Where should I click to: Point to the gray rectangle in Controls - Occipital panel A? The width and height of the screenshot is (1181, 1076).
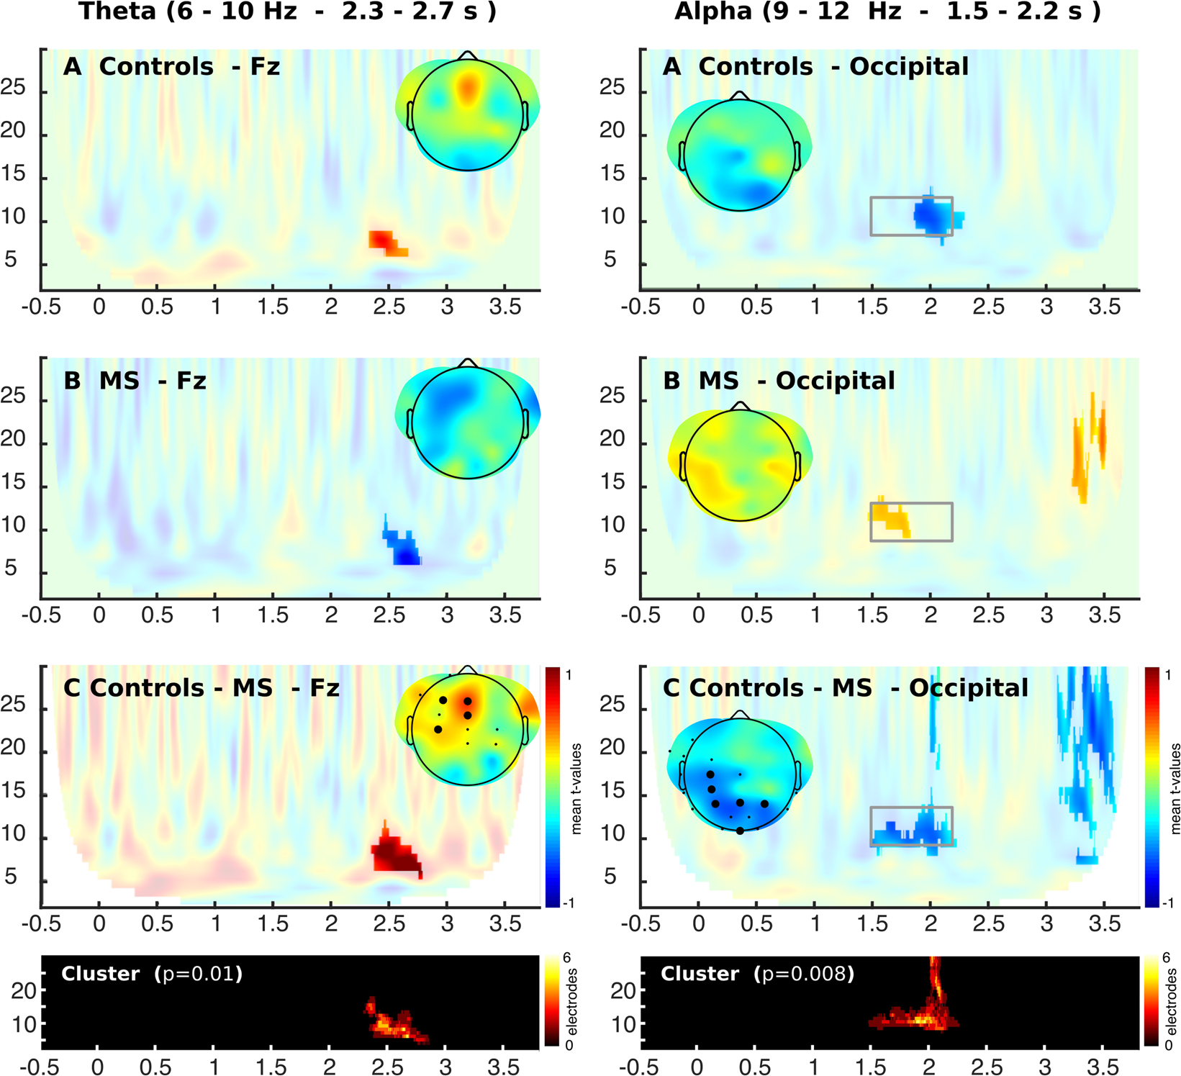tap(910, 216)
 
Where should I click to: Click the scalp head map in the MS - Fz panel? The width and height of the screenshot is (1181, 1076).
tap(468, 422)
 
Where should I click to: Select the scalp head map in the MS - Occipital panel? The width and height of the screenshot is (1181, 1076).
tap(740, 464)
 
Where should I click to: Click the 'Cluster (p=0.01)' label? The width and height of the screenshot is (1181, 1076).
tap(152, 975)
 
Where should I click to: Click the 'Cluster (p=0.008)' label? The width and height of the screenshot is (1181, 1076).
tap(757, 975)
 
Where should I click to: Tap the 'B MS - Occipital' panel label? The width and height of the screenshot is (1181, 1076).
tap(779, 381)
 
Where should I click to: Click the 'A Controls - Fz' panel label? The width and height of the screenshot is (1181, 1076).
tap(171, 67)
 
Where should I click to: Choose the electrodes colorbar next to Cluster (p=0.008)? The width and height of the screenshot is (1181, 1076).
tap(1151, 1001)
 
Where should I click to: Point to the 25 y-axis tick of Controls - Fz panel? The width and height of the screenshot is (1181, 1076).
tap(13, 89)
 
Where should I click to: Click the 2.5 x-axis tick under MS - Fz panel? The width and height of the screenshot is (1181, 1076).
tap(389, 615)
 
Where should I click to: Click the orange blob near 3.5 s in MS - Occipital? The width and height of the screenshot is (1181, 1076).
tap(1087, 446)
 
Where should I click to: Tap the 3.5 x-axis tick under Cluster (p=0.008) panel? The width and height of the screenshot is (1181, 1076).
tap(1103, 1067)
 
